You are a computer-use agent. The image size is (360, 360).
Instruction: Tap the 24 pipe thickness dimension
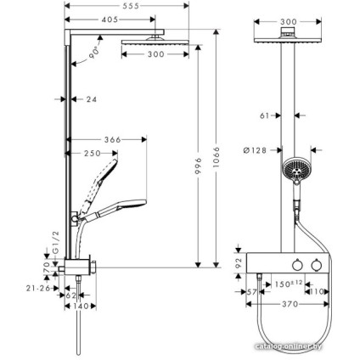pyautogui.click(x=92, y=99)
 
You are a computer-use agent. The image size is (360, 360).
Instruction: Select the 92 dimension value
pyautogui.click(x=239, y=263)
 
